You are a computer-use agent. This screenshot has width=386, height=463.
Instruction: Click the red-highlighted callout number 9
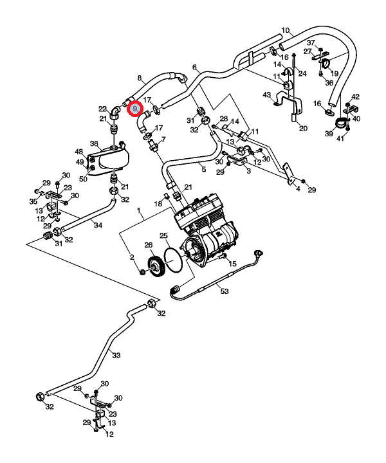pyautogui.click(x=135, y=109)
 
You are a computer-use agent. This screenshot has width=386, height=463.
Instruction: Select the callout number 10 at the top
pyautogui.click(x=285, y=30)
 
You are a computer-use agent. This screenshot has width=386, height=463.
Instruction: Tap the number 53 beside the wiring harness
pyautogui.click(x=225, y=292)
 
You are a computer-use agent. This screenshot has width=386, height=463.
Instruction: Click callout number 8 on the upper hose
pyautogui.click(x=139, y=78)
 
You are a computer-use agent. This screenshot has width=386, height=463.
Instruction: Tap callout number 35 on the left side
pyautogui.click(x=33, y=202)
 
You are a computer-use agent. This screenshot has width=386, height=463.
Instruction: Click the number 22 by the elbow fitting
pyautogui.click(x=102, y=109)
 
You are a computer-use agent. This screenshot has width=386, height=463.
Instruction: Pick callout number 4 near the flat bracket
pyautogui.click(x=297, y=189)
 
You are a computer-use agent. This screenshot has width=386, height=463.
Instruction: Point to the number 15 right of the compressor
pyautogui.click(x=233, y=264)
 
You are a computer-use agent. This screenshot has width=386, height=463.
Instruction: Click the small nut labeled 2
pyautogui.click(x=143, y=274)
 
